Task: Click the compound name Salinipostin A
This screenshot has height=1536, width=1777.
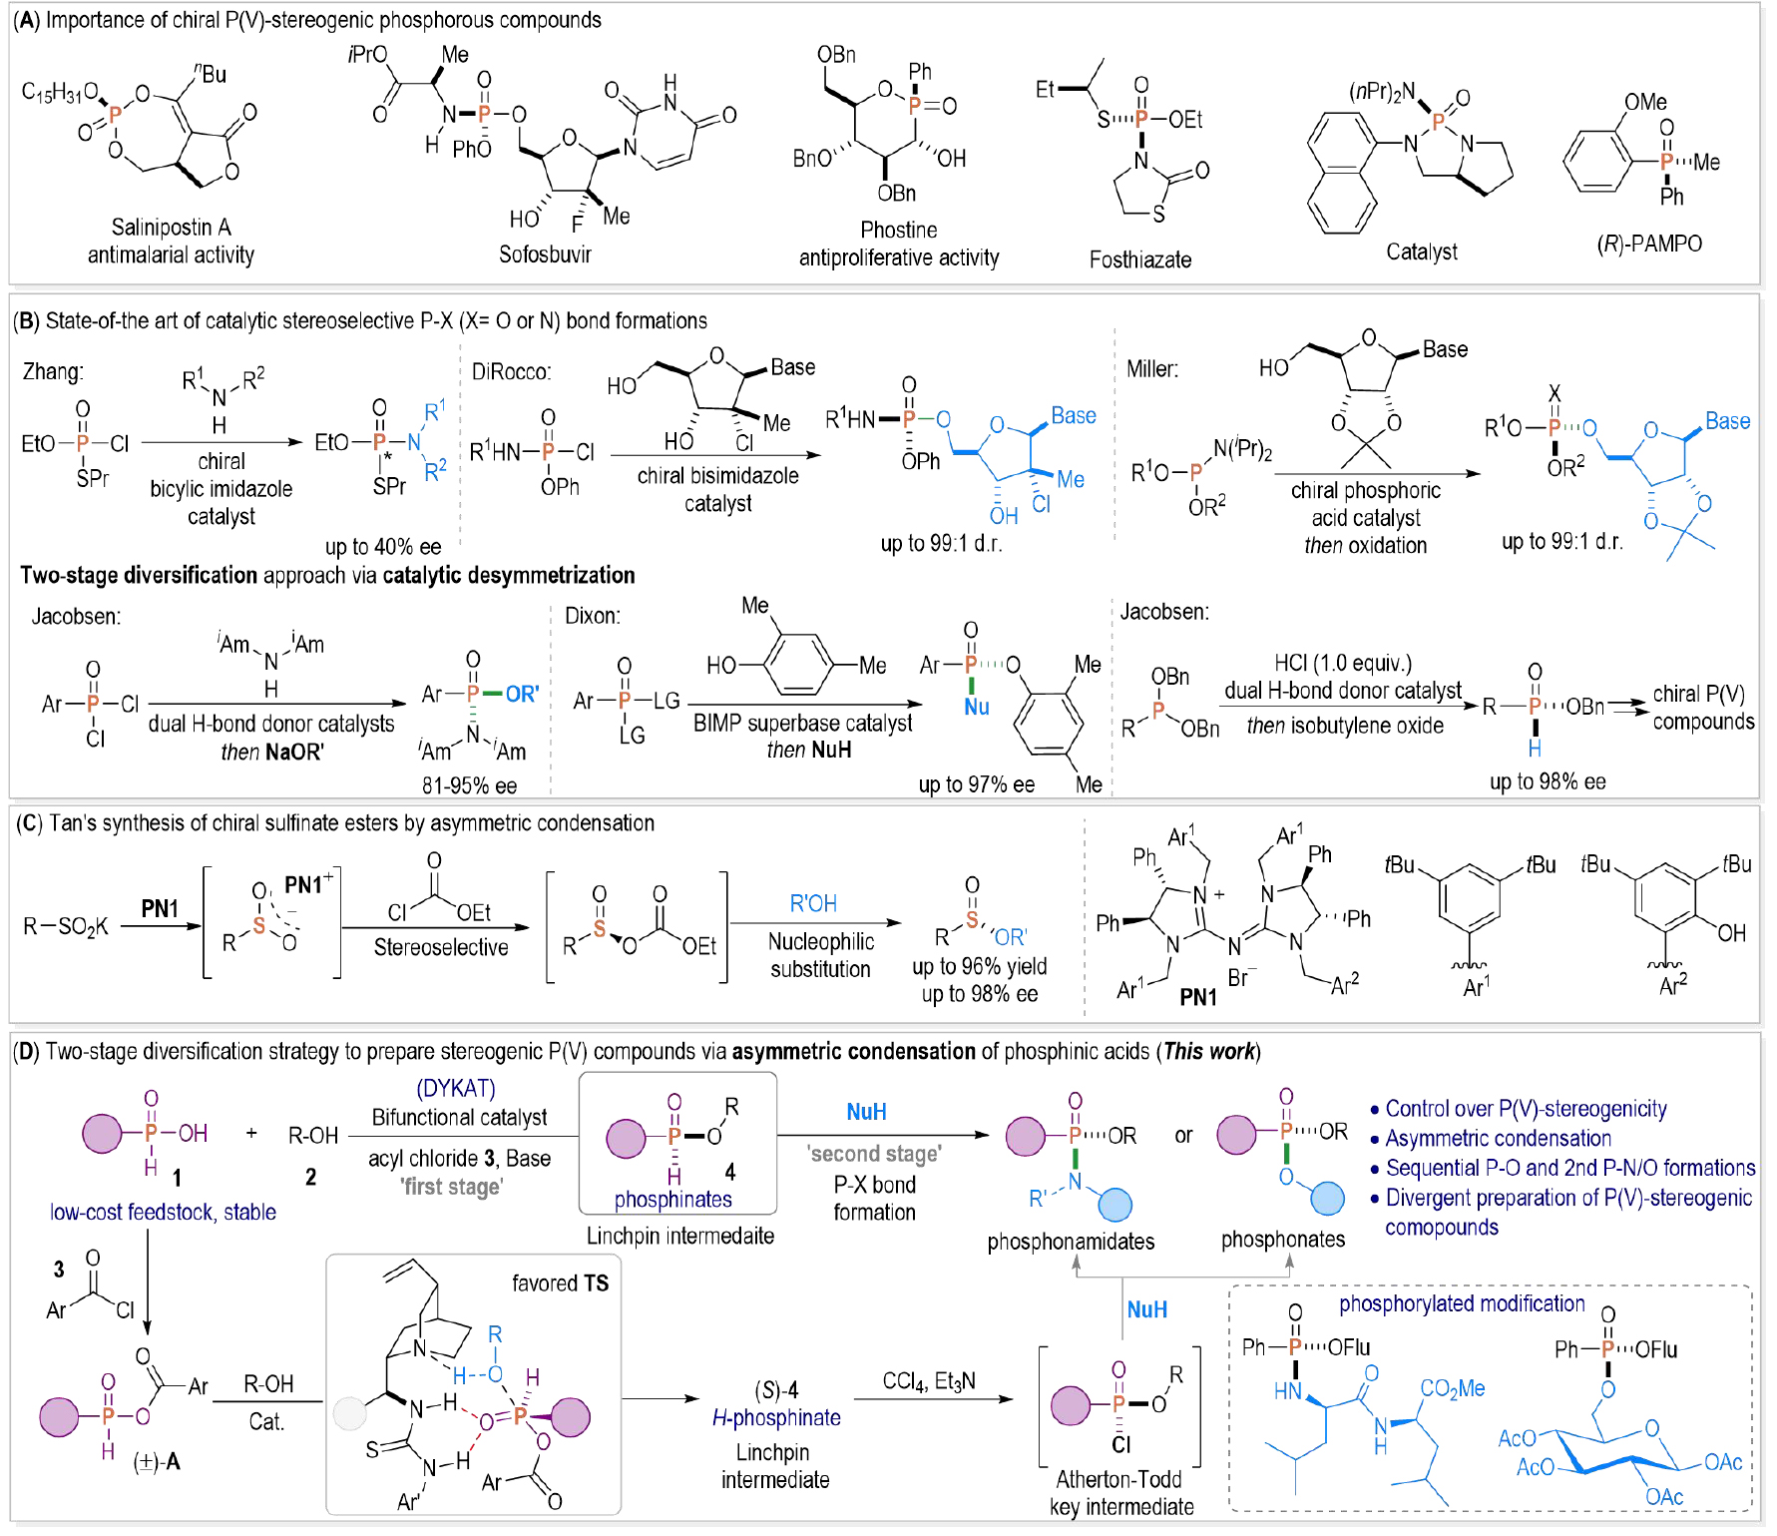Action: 171,227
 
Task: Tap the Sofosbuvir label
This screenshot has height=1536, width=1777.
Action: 545,255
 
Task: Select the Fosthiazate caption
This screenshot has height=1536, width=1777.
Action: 1139,260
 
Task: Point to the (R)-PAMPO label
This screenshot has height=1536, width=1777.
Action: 1648,244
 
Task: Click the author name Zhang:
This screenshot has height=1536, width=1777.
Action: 53,371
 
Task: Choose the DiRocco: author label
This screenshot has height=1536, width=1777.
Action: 511,372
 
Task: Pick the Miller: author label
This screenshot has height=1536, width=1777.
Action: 1151,369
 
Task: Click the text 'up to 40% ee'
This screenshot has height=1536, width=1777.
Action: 382,547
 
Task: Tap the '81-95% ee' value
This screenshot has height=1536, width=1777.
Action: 469,785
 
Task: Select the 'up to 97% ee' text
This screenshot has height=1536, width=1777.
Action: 976,784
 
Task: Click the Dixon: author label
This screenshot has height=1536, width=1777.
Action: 592,616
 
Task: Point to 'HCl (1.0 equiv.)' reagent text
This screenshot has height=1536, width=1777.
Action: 1342,664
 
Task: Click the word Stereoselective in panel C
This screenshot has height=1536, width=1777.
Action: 440,947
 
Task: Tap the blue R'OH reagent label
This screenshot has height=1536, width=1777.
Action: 812,904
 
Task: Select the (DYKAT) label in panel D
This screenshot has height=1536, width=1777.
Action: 455,1088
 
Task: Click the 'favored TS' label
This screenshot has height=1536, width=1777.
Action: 560,1283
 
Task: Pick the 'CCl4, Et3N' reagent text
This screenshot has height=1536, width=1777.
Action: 928,1381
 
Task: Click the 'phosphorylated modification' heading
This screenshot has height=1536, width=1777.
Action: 1461,1303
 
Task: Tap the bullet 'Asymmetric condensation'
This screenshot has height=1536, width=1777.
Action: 1498,1139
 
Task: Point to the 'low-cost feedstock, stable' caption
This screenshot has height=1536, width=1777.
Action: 163,1213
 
